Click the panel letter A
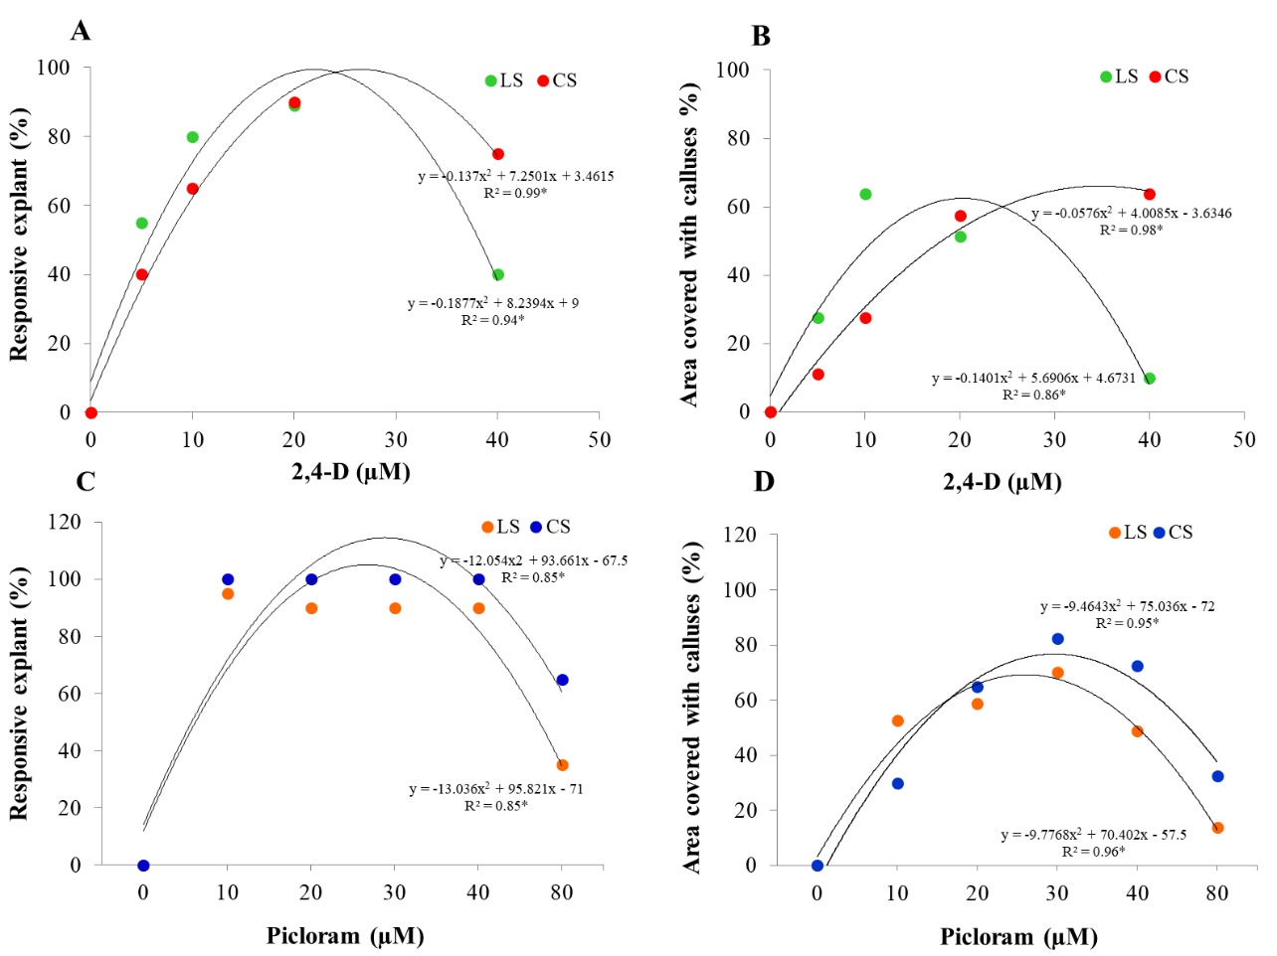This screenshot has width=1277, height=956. click(81, 31)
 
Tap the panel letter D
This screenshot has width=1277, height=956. click(764, 482)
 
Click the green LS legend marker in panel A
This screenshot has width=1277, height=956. click(490, 80)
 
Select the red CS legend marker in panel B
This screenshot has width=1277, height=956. click(1155, 77)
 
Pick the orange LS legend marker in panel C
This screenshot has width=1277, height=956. click(487, 527)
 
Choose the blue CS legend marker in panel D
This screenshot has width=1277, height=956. click(1160, 533)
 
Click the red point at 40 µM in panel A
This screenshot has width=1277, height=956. click(498, 154)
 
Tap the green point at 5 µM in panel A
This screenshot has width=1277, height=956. click(142, 224)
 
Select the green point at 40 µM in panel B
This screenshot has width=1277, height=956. click(1150, 379)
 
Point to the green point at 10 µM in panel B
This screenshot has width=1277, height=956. click(865, 195)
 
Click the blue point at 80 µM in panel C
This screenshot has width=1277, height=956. click(562, 680)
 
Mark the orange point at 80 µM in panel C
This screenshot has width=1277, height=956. click(562, 765)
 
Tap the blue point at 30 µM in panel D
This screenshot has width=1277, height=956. click(1057, 639)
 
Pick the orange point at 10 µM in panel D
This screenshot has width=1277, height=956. click(898, 720)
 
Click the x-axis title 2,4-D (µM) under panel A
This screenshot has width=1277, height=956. click(351, 471)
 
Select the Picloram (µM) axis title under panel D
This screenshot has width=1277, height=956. click(1018, 936)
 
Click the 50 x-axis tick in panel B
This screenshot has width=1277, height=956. click(1244, 440)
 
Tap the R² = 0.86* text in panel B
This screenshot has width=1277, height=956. click(1033, 395)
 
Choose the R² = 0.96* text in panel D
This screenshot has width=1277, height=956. click(1093, 852)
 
